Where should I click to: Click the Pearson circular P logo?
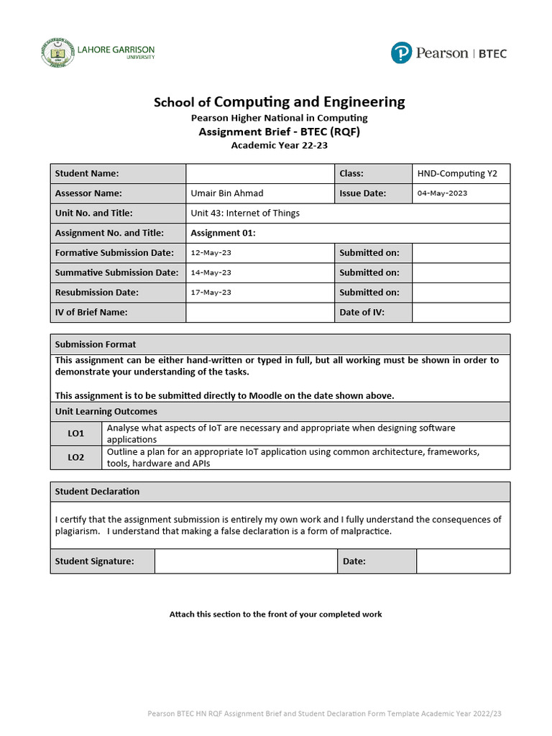tap(402, 52)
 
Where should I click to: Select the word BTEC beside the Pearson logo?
tap(492, 53)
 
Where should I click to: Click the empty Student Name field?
tap(260, 173)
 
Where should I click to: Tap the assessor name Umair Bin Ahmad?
tap(227, 193)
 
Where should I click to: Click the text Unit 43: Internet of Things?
tap(245, 213)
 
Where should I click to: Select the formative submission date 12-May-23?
tap(211, 253)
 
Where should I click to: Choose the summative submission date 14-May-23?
tap(211, 273)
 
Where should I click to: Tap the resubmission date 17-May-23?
tap(211, 293)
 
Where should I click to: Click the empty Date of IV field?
tap(461, 312)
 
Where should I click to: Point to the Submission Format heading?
tap(96, 344)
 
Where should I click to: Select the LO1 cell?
tap(76, 433)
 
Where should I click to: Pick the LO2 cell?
tap(76, 457)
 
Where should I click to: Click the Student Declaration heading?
tap(97, 492)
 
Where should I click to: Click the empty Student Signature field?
tap(246, 561)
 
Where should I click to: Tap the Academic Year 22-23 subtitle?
tap(279, 145)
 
